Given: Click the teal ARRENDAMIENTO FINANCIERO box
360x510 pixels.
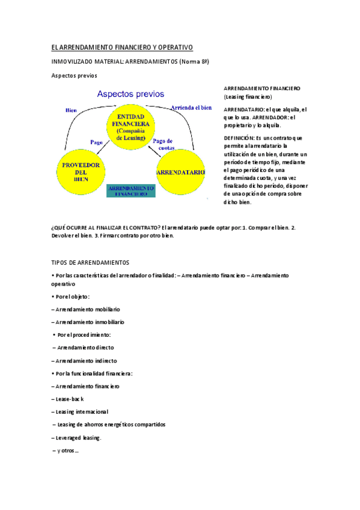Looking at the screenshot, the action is pos(131,191).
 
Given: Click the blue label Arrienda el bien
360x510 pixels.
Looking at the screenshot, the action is pos(191,108).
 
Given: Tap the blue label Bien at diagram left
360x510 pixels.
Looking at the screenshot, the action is pos(71,110).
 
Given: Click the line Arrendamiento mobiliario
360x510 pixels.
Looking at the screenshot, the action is pos(86,309).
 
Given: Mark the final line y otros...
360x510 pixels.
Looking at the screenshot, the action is pos(66,450).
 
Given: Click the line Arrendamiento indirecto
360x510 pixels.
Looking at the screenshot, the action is pos(83,360).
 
